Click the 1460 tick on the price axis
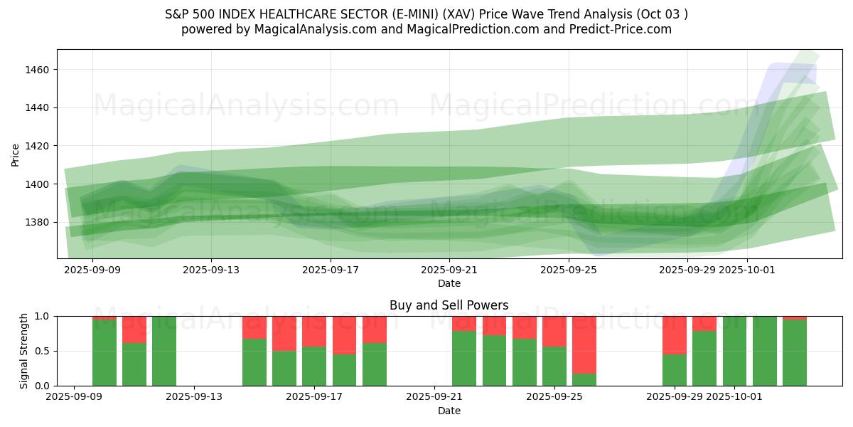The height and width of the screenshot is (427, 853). [38, 70]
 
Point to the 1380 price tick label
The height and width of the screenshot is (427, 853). [38, 222]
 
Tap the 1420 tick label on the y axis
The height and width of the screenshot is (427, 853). [38, 146]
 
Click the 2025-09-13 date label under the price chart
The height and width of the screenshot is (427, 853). [211, 270]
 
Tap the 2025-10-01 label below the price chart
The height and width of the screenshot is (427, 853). [747, 270]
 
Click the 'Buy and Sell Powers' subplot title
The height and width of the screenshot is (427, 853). [449, 305]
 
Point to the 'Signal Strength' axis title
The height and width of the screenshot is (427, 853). [24, 351]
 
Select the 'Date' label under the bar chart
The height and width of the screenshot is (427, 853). [449, 411]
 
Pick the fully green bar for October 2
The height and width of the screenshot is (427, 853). [765, 351]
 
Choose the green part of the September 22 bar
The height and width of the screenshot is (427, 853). [464, 359]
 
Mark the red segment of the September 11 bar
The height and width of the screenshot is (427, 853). [134, 330]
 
